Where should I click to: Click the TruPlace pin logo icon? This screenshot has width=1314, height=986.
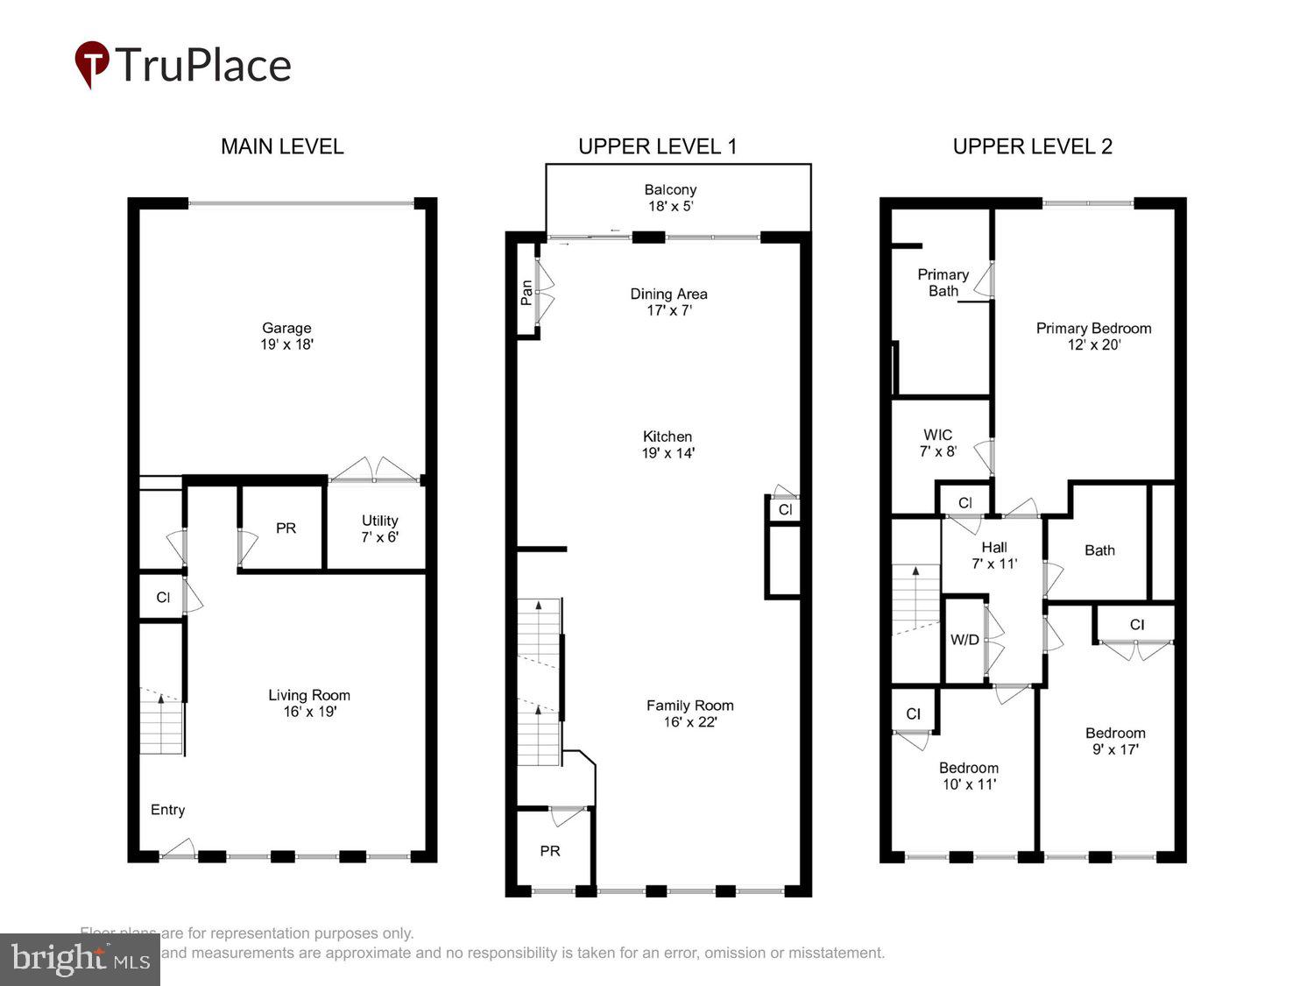(92, 64)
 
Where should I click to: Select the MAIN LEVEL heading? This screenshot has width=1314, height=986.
(281, 146)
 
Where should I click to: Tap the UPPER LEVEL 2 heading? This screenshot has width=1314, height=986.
(1032, 146)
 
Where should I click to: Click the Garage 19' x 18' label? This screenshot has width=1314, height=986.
(286, 337)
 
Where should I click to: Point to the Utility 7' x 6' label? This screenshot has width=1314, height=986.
(379, 528)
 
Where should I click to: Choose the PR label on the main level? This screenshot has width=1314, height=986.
(286, 528)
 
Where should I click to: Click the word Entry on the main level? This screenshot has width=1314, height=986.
(167, 810)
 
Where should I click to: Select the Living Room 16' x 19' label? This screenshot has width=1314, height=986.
(309, 703)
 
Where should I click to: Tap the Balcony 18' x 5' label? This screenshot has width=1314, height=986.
(670, 198)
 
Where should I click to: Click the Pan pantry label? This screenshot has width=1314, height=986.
(526, 292)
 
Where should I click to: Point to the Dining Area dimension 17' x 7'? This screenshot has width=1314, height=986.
(669, 310)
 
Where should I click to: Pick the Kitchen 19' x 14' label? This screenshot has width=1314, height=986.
(668, 444)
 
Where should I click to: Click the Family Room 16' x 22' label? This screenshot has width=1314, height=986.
(689, 713)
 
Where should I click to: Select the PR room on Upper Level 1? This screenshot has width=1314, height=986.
(550, 851)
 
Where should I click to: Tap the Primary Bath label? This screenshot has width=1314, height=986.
(943, 282)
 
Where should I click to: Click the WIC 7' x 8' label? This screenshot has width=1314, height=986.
(937, 443)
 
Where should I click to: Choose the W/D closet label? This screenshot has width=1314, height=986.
(964, 640)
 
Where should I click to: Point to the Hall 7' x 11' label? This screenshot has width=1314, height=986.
(993, 555)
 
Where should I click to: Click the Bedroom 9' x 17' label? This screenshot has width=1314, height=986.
(1115, 741)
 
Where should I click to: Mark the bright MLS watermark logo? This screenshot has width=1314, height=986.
(81, 960)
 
